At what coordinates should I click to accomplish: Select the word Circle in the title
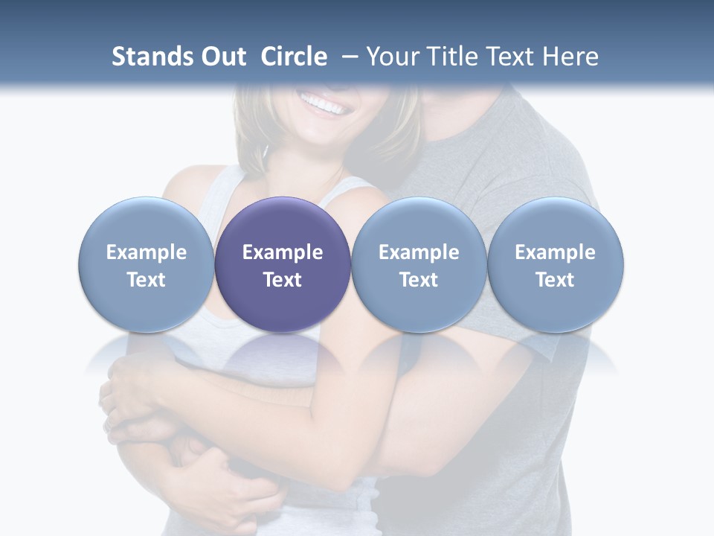tap(294, 57)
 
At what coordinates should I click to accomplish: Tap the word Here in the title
tap(571, 57)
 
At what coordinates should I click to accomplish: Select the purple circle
tap(283, 264)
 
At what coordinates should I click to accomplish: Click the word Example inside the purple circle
tap(283, 252)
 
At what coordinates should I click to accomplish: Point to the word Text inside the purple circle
tap(283, 280)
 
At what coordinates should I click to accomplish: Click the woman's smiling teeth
tap(324, 104)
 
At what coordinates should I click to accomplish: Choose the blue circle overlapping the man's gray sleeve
tap(556, 264)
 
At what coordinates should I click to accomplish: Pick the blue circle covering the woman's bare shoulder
tap(147, 264)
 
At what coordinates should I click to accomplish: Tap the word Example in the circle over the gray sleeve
tap(556, 252)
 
